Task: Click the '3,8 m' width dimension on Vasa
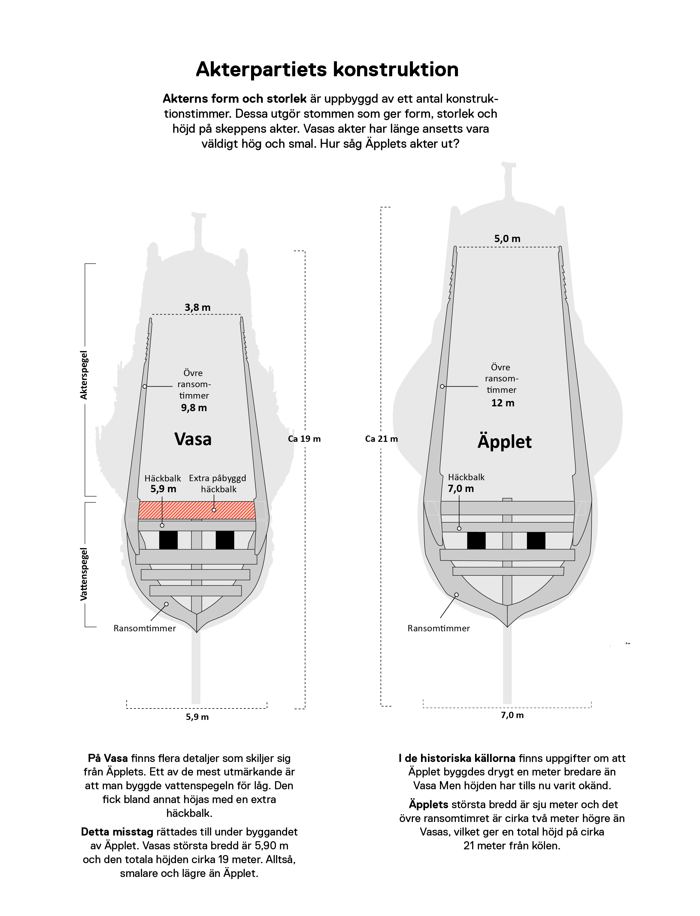[198, 308]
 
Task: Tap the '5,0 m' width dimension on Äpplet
[507, 239]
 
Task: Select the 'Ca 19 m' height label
[304, 439]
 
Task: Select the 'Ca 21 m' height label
[381, 439]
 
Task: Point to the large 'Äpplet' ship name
[505, 442]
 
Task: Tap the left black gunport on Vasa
[168, 540]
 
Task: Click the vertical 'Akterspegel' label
[84, 375]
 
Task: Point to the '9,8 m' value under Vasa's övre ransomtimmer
[194, 408]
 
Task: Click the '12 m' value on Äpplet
[503, 403]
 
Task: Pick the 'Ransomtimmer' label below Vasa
[144, 629]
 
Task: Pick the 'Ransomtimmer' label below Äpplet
[438, 629]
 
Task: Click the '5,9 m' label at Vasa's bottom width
[197, 717]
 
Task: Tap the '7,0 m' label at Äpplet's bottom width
[512, 715]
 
